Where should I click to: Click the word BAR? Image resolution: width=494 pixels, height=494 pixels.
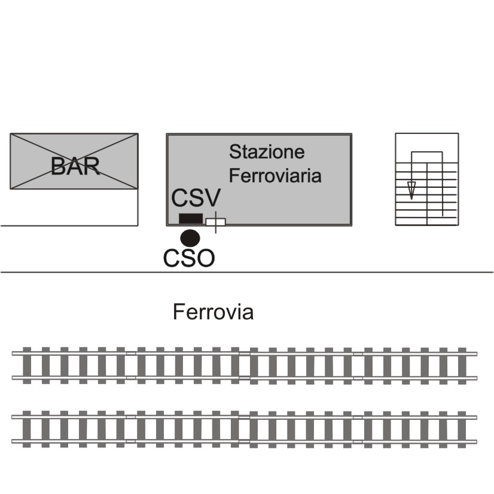(x=75, y=166)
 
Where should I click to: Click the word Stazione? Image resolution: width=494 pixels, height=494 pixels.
(x=267, y=151)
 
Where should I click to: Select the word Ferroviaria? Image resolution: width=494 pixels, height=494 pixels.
(x=275, y=175)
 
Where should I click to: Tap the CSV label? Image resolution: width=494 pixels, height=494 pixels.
(x=196, y=197)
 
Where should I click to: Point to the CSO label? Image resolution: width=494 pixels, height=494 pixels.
(x=189, y=258)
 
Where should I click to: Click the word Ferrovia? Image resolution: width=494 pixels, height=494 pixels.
(x=213, y=312)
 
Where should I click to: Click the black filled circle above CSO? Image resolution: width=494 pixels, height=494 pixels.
(x=190, y=238)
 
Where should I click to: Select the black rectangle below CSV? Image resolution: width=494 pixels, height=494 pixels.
(x=191, y=218)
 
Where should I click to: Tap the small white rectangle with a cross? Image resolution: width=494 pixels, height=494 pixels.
(x=216, y=222)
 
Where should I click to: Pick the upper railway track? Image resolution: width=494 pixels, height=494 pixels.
(x=245, y=366)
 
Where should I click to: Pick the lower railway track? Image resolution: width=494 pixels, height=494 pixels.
(x=245, y=429)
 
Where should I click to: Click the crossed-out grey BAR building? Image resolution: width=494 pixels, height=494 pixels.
(x=74, y=161)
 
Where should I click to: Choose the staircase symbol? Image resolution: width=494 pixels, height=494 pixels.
(x=427, y=179)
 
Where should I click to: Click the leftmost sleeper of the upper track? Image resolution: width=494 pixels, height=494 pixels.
(x=27, y=366)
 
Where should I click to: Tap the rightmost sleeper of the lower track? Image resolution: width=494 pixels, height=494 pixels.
(x=462, y=429)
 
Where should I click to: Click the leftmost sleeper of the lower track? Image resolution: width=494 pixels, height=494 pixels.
(x=27, y=429)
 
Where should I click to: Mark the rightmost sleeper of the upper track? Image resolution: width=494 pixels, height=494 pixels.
(x=462, y=366)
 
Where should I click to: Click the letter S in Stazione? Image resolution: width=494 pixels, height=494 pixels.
(x=234, y=152)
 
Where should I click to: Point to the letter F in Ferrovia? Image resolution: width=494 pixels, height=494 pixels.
(x=178, y=312)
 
